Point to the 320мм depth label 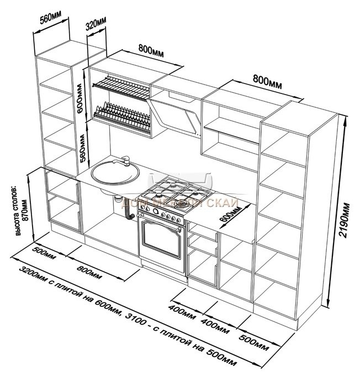(96, 25)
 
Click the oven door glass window (161, 235)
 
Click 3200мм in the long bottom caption (33, 278)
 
